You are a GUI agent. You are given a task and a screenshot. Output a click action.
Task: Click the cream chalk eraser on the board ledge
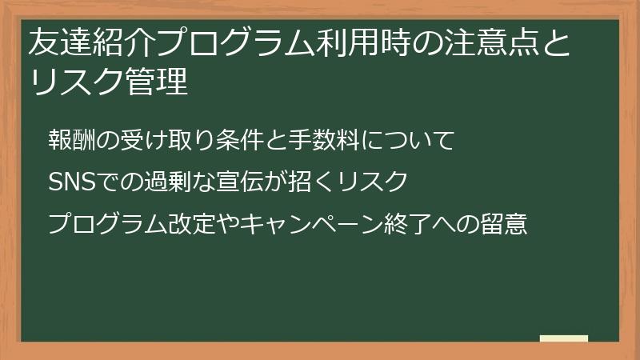click(564, 338)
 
